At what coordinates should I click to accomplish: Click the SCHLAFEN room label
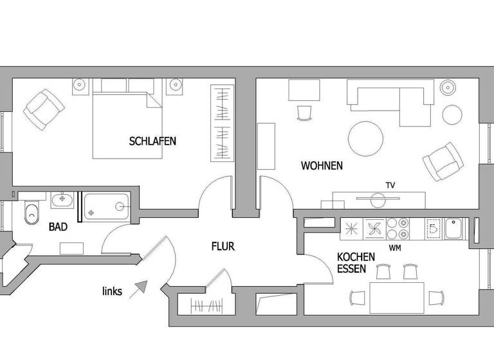(x=152, y=141)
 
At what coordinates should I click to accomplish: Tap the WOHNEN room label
(x=322, y=166)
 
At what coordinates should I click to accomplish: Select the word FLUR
(x=223, y=246)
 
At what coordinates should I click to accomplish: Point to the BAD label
(x=59, y=227)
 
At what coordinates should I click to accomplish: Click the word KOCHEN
(x=356, y=256)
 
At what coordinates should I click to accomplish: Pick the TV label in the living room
(x=390, y=185)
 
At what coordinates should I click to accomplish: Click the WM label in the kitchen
(x=396, y=247)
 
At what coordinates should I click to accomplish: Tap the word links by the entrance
(x=113, y=291)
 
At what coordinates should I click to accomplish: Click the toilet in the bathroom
(x=30, y=215)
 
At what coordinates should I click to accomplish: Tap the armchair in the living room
(x=442, y=161)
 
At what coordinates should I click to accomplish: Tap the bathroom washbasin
(x=62, y=201)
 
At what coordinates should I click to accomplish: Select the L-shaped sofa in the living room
(x=391, y=102)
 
